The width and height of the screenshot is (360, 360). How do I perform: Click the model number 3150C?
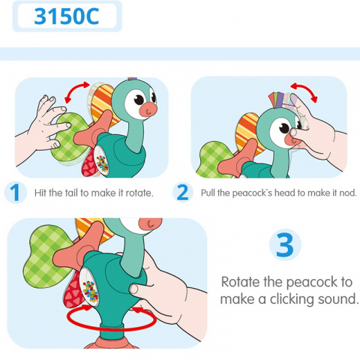pyautogui.click(x=67, y=16)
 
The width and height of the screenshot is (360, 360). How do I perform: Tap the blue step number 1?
pyautogui.click(x=14, y=193)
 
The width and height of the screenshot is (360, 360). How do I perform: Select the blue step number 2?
pyautogui.click(x=182, y=193)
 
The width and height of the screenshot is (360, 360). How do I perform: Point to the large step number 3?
pyautogui.click(x=285, y=246)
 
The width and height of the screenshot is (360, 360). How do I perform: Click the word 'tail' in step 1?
pyautogui.click(x=74, y=193)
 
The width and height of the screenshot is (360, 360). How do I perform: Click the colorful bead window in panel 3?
pyautogui.click(x=89, y=289)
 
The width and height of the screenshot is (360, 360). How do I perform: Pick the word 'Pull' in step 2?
pyautogui.click(x=209, y=193)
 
